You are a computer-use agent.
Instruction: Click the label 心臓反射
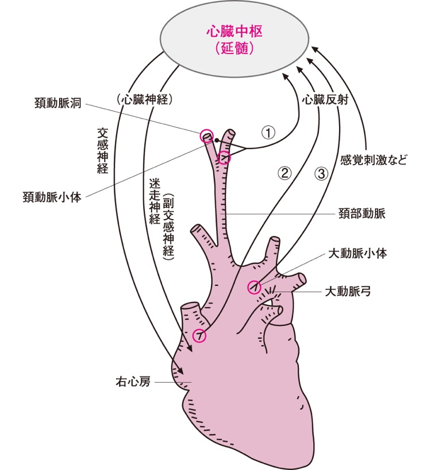click(x=325, y=99)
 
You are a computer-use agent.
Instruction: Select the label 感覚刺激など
click(x=374, y=160)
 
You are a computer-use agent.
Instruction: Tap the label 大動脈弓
click(x=347, y=291)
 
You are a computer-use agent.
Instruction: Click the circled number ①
click(x=268, y=132)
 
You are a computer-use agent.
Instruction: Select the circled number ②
click(x=285, y=171)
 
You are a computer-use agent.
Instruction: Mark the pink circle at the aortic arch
click(x=254, y=287)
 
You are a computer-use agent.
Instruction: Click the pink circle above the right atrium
click(x=199, y=335)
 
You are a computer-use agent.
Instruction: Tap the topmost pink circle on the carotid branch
click(x=206, y=136)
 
